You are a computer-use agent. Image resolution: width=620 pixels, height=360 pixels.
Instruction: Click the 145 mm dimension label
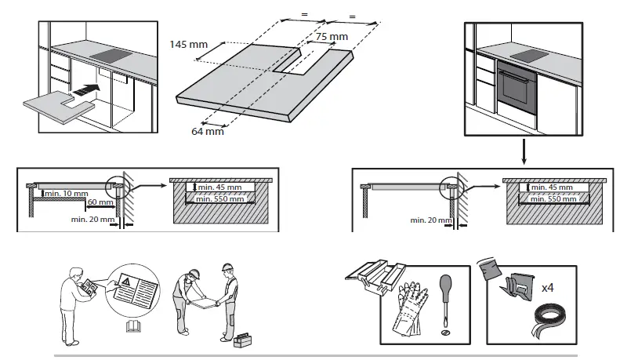pyautogui.click(x=188, y=45)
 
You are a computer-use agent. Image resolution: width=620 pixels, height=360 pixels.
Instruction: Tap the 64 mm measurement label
pyautogui.click(x=208, y=131)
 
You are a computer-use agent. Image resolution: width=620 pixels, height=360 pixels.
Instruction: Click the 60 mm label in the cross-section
pyautogui.click(x=100, y=202)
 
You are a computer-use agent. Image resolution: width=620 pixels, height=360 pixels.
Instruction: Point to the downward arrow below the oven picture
pyautogui.click(x=524, y=152)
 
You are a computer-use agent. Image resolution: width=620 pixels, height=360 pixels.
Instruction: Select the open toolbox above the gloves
pyautogui.click(x=378, y=272)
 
